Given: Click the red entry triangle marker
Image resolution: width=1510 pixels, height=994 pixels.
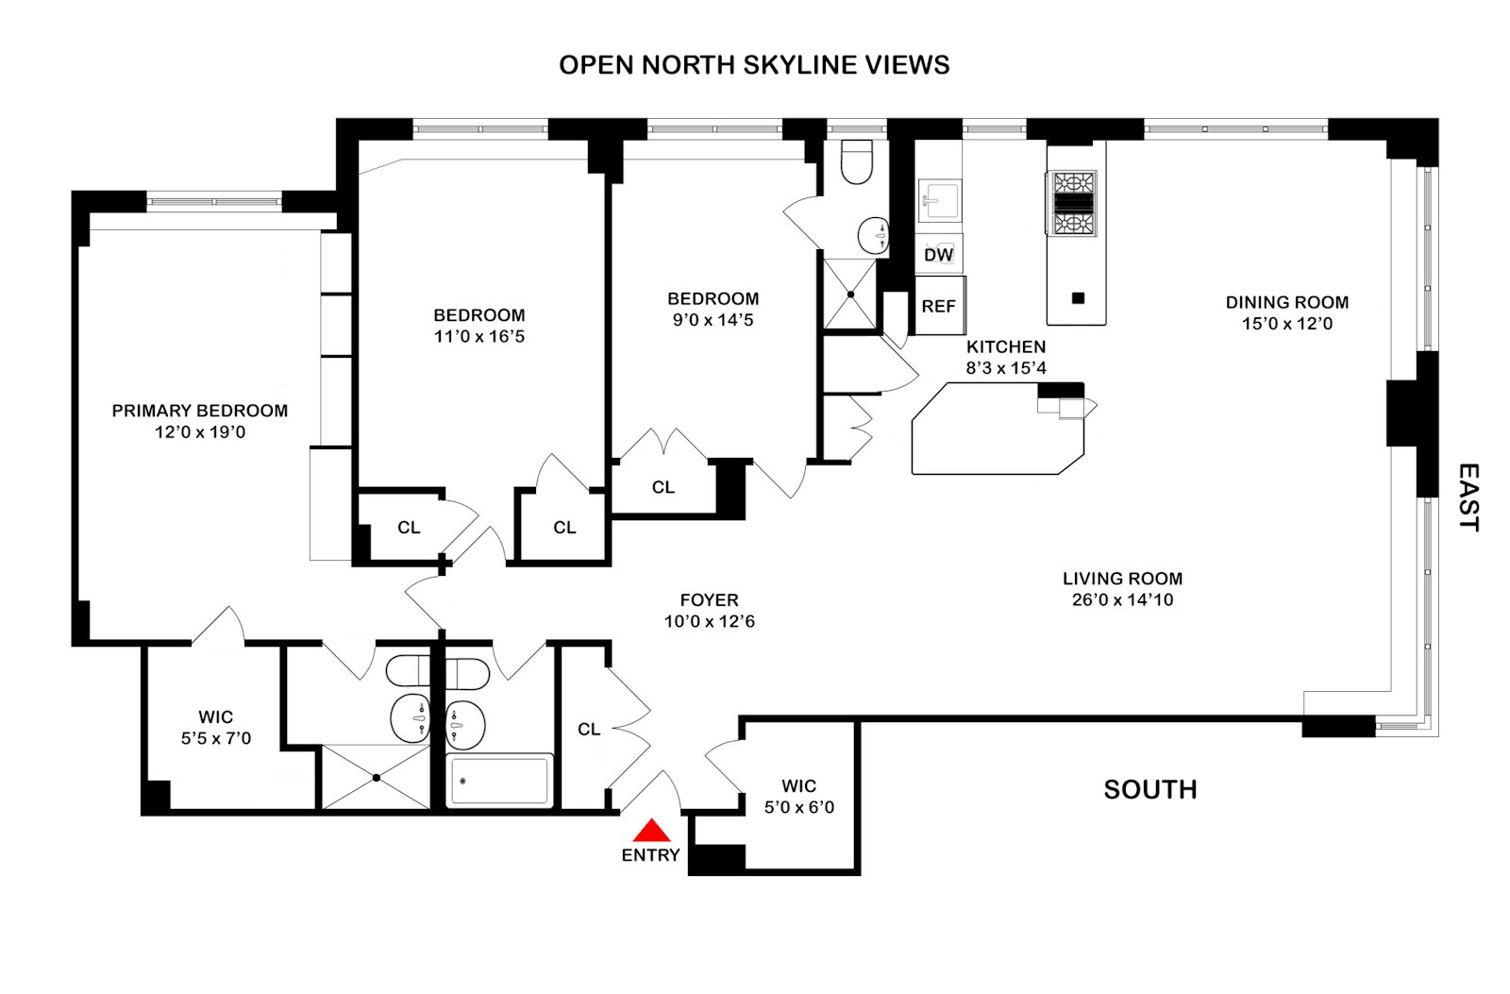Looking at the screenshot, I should point(651,831).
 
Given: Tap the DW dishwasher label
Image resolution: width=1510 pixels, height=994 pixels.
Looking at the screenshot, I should point(938,255).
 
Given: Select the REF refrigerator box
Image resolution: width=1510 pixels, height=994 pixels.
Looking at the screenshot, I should point(939,306).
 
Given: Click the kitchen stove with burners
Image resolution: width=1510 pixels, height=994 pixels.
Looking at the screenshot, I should point(1074,203).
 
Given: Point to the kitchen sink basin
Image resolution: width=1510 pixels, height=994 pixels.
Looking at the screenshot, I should point(938,200).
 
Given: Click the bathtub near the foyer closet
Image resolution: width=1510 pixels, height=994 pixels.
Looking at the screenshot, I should point(499,781).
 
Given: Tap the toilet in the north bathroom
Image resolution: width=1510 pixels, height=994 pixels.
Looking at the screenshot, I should point(857,161).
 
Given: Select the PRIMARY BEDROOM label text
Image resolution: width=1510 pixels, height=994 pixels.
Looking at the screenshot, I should point(199,411).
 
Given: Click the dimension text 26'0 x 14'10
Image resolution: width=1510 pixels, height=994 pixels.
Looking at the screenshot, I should point(1122,599).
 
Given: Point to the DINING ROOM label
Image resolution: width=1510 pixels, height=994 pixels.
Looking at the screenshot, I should point(1286,302).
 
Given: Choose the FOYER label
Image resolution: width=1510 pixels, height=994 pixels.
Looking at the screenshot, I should point(709,600).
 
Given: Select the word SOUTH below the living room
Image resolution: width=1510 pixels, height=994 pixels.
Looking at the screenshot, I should point(1149,789).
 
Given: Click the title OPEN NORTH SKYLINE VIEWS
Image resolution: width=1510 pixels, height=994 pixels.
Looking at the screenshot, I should point(754,64).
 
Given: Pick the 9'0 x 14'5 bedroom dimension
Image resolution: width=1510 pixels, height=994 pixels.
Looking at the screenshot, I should point(713,319).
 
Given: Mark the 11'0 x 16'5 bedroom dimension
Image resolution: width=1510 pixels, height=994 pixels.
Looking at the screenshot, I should point(479,336).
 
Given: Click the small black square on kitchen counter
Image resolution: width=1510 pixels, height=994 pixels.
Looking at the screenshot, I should point(1079,298).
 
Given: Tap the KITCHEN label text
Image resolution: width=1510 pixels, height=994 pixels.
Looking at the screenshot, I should point(1005,346).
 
